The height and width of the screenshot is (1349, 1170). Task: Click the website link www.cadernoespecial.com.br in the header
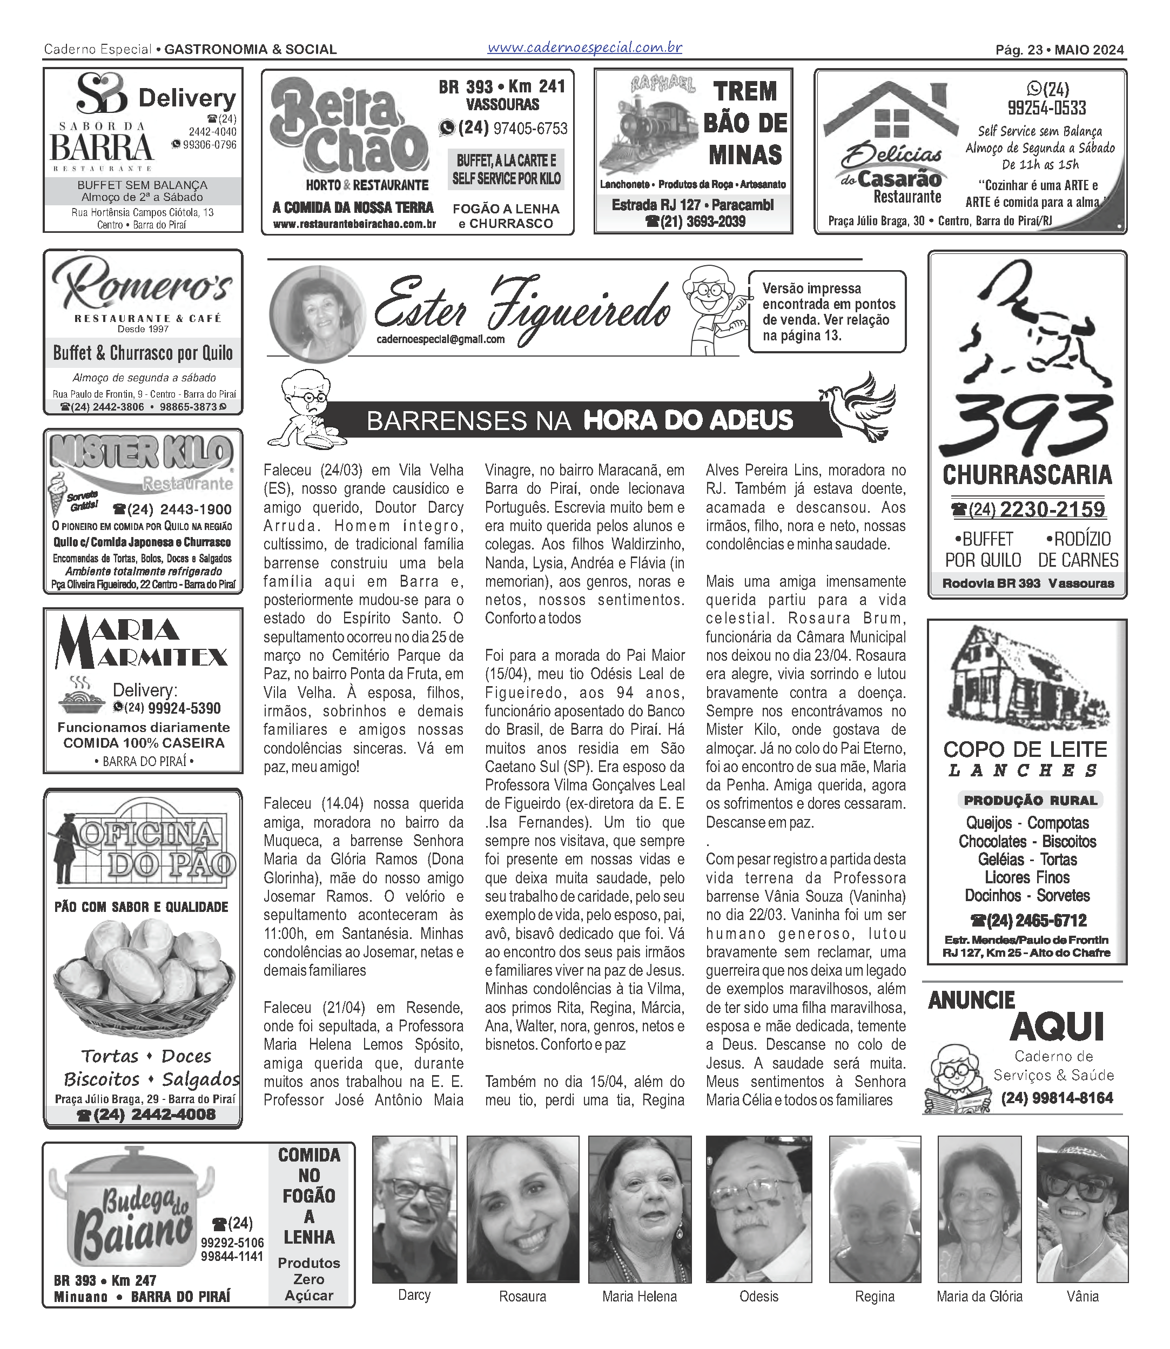tap(584, 48)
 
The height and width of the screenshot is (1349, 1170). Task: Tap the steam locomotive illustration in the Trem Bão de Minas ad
tap(647, 134)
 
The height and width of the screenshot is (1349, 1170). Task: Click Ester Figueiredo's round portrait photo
tap(318, 313)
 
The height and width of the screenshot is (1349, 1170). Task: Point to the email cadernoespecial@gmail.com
tap(440, 339)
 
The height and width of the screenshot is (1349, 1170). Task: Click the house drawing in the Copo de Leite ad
tap(1019, 679)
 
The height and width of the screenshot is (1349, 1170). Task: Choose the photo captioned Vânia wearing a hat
tap(1082, 1209)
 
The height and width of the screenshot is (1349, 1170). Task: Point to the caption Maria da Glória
tap(979, 1296)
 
